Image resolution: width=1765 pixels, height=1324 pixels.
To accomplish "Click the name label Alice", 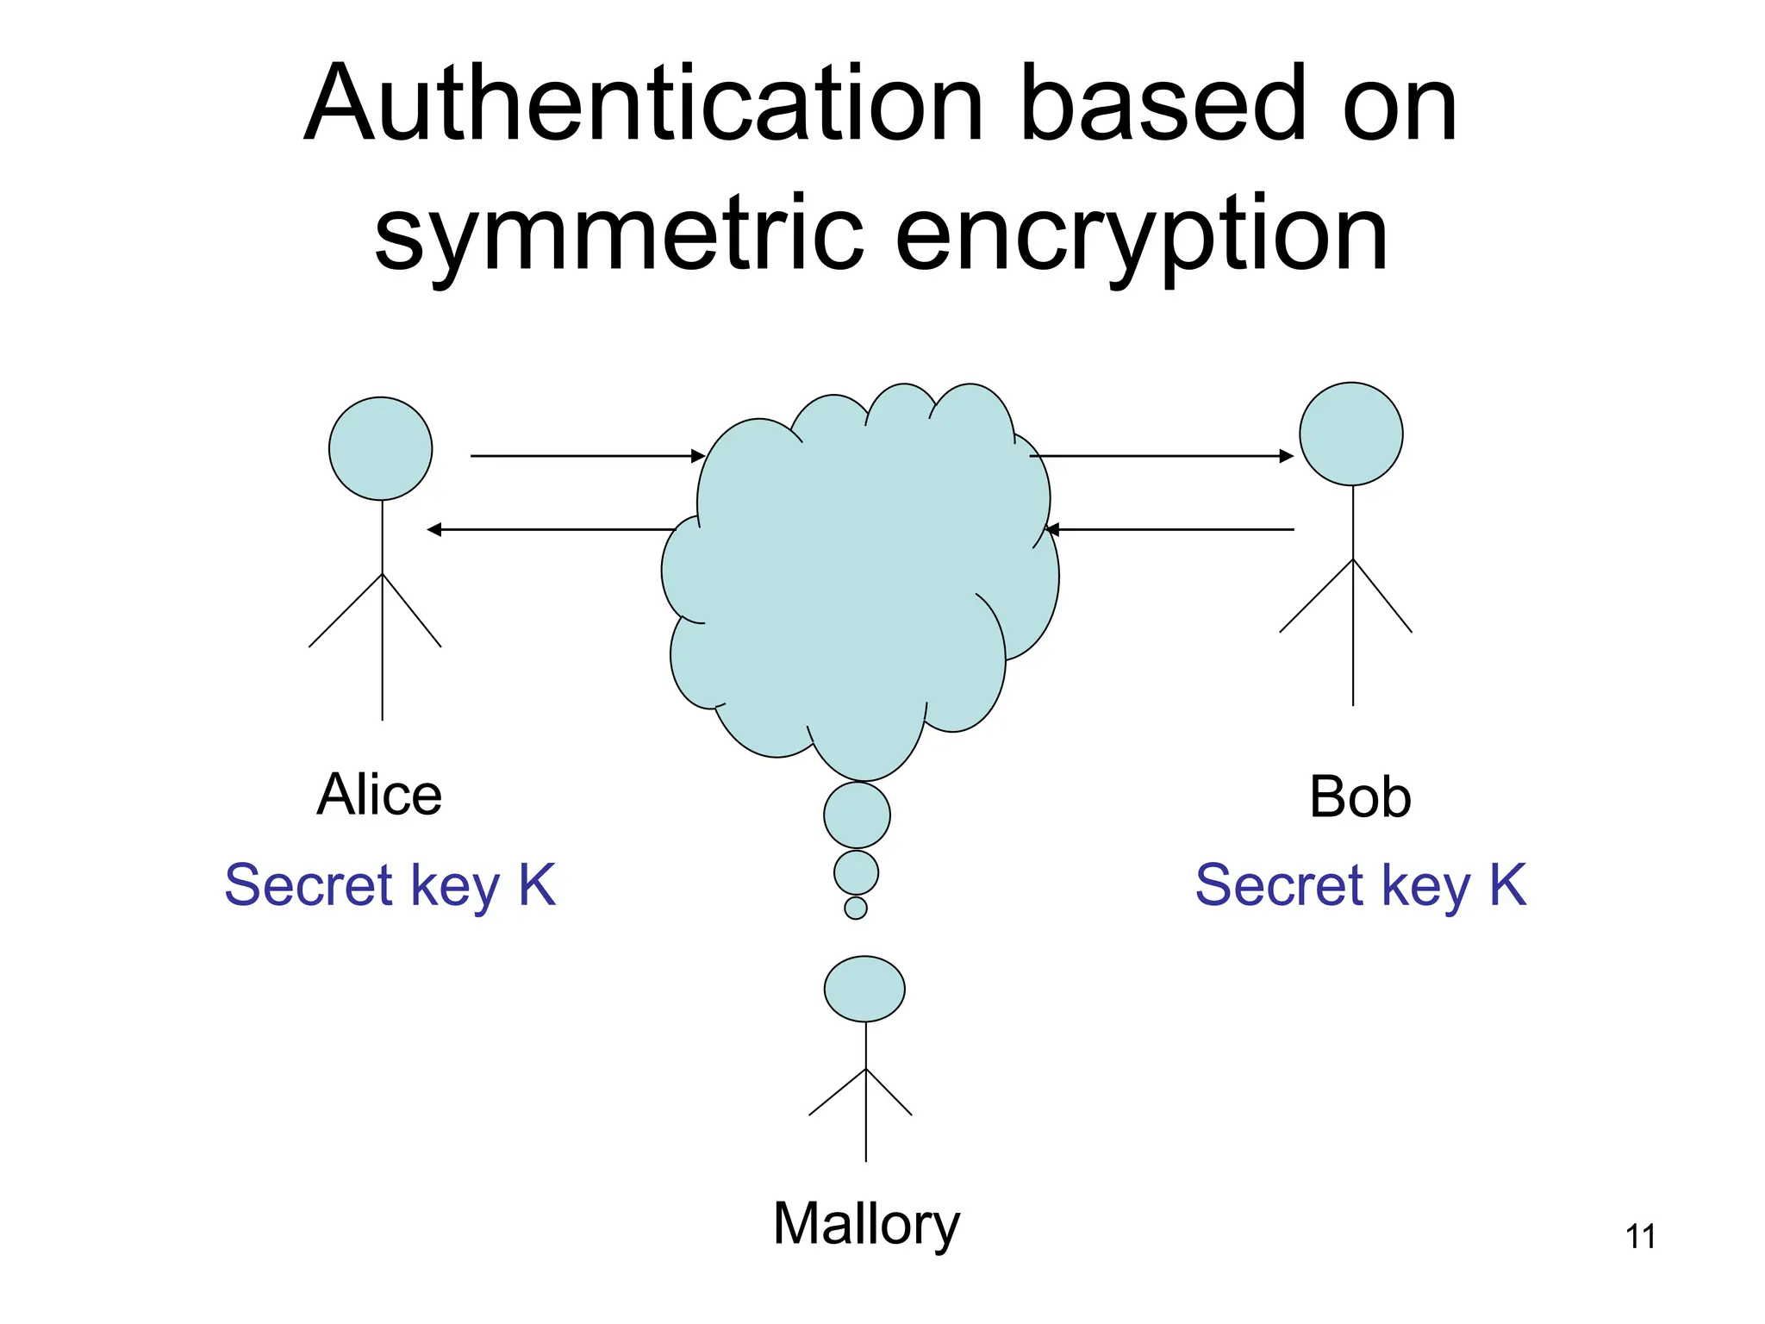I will click(x=379, y=794).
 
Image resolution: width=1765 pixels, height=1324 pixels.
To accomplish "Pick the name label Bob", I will click(x=1360, y=796).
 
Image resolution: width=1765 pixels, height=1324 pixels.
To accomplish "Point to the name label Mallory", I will click(x=865, y=1224).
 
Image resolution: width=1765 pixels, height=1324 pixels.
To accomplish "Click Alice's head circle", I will click(x=380, y=448).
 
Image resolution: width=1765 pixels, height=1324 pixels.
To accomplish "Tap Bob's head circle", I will click(x=1350, y=434).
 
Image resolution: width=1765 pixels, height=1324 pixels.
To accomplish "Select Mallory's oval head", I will click(x=864, y=989).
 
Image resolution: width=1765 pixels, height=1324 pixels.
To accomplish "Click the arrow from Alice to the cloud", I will click(x=586, y=455).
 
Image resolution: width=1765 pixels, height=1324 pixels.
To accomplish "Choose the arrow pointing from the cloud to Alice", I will click(x=552, y=529).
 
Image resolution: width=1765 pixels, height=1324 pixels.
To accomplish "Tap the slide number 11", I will click(x=1640, y=1237).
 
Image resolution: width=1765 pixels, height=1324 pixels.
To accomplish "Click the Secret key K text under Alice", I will click(x=390, y=885).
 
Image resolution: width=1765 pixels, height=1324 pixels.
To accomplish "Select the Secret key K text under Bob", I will click(x=1360, y=885).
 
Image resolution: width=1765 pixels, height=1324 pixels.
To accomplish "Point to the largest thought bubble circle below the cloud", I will click(x=857, y=815).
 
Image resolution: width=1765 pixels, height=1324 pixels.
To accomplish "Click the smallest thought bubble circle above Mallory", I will click(x=856, y=908).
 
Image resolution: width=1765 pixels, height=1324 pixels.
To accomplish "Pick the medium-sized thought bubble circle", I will click(x=856, y=872).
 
